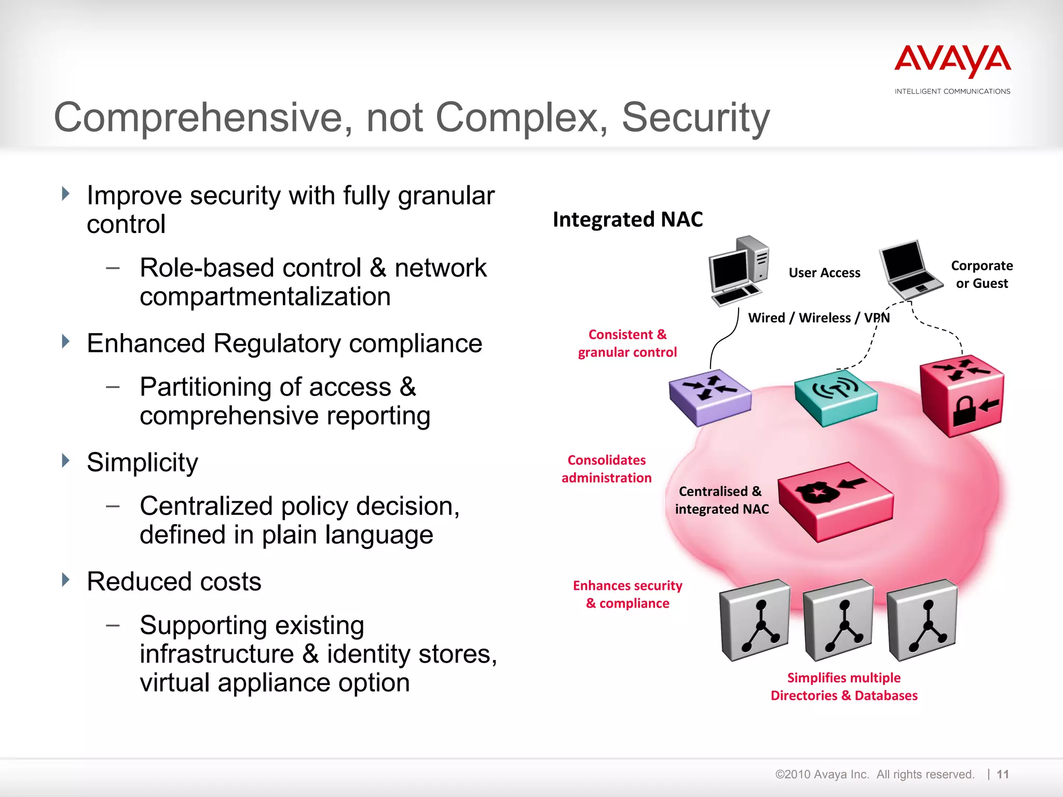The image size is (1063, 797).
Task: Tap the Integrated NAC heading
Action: [x=628, y=219]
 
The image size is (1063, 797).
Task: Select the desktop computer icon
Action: [x=738, y=271]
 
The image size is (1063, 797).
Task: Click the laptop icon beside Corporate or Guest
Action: [x=909, y=269]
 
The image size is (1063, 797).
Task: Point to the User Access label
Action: [x=824, y=273]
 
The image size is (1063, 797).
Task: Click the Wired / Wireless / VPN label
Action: [x=819, y=318]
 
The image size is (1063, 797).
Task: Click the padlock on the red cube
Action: [x=964, y=411]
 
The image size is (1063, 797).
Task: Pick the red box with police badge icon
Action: [x=836, y=501]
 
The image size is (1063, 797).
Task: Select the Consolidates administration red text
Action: [x=606, y=469]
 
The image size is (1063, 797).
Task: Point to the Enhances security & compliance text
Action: [x=627, y=595]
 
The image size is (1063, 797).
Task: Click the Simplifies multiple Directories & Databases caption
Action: [x=844, y=686]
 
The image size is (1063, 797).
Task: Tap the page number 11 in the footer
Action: [x=1003, y=774]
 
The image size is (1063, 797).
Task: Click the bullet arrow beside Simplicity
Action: [x=65, y=461]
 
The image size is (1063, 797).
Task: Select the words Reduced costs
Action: [x=174, y=582]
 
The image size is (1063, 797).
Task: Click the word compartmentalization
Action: [x=265, y=297]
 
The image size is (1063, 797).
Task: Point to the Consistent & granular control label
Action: [x=627, y=343]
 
